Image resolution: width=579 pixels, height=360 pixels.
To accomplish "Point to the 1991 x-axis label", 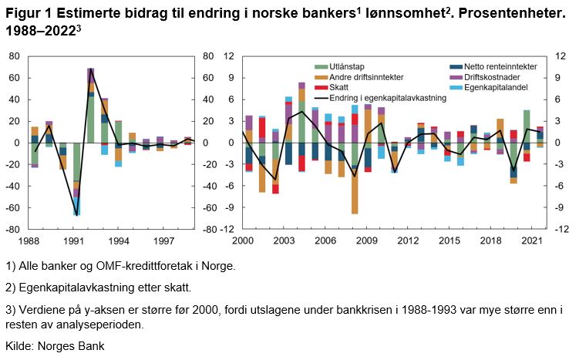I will coord(74,241).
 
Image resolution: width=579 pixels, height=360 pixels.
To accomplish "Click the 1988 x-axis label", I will coord(31,241).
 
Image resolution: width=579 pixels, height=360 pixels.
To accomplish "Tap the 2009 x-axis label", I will coord(366,241).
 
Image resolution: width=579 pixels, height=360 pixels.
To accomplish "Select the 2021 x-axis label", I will coord(531,241).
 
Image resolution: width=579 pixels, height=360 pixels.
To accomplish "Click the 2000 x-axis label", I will coord(243,241).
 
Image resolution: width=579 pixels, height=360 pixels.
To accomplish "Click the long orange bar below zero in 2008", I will coord(355,191).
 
